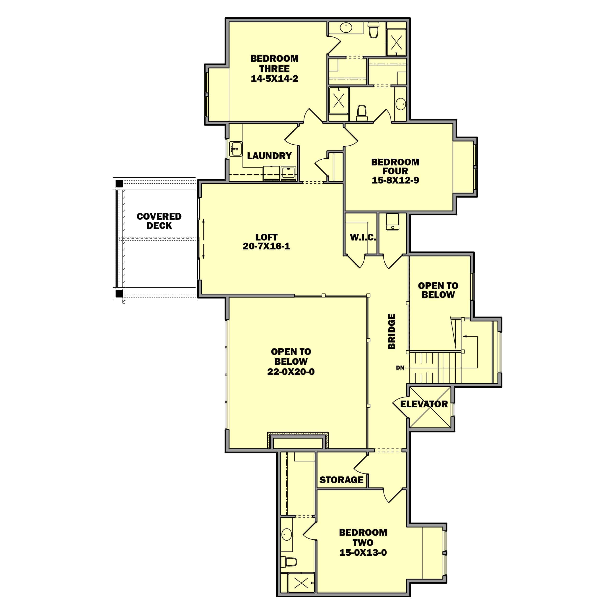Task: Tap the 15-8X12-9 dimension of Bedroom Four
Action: pyautogui.click(x=395, y=180)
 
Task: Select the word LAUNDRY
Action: pyautogui.click(x=269, y=156)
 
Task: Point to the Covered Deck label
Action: pyautogui.click(x=159, y=221)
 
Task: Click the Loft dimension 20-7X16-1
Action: pyautogui.click(x=266, y=246)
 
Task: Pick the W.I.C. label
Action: pyautogui.click(x=363, y=237)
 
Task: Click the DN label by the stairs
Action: pyautogui.click(x=400, y=368)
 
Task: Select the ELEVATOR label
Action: pyautogui.click(x=424, y=404)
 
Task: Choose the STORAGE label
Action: pyautogui.click(x=341, y=480)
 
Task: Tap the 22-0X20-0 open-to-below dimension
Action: pyautogui.click(x=291, y=371)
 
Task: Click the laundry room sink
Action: pyautogui.click(x=236, y=149)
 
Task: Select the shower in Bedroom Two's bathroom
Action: pyautogui.click(x=301, y=583)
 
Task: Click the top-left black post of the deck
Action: pyautogui.click(x=119, y=184)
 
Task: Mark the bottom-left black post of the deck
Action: pyautogui.click(x=119, y=293)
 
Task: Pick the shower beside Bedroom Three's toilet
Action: pyautogui.click(x=396, y=42)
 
